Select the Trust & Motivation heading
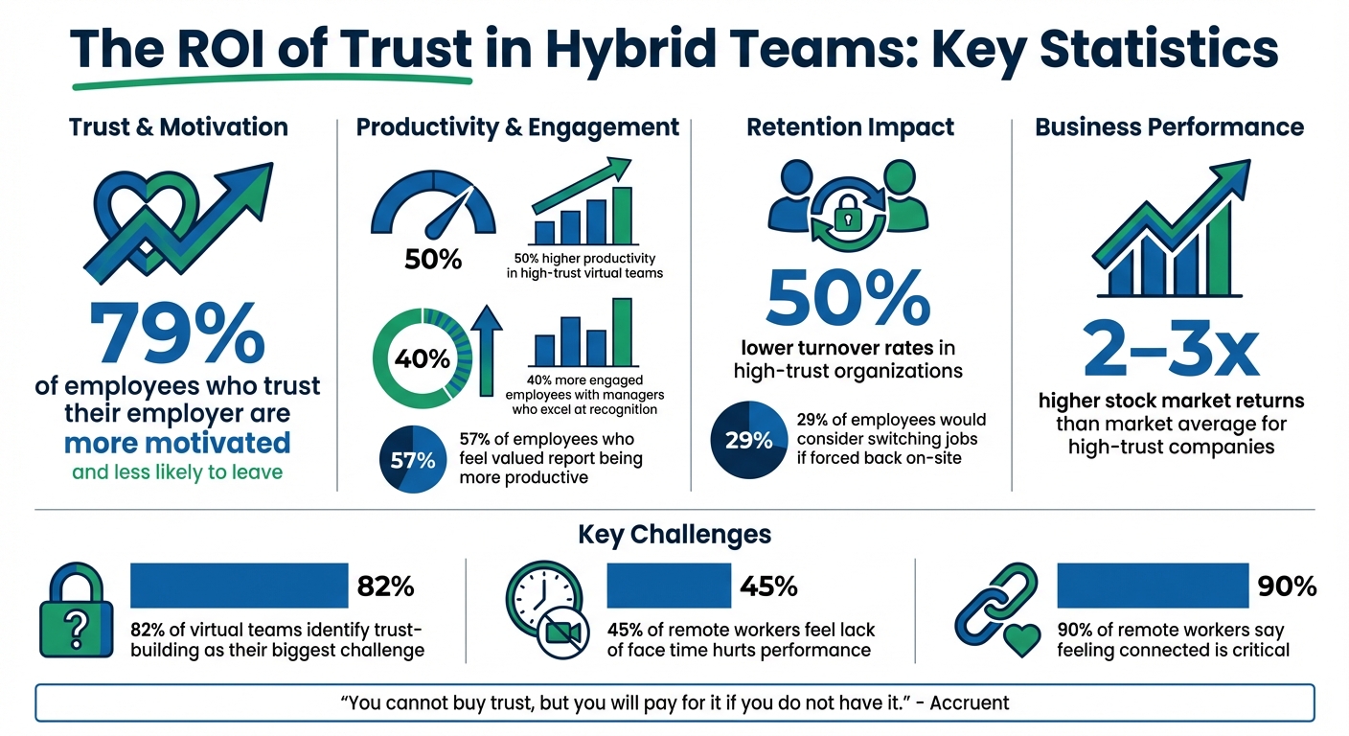tap(178, 126)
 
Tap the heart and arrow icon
tap(172, 221)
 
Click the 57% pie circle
tap(412, 460)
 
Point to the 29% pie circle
tap(748, 440)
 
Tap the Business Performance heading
tap(1169, 126)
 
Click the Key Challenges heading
tap(674, 534)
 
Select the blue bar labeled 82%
tap(239, 586)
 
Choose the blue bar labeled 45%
tap(669, 586)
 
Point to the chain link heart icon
tap(997, 612)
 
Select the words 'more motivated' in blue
tap(177, 443)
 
